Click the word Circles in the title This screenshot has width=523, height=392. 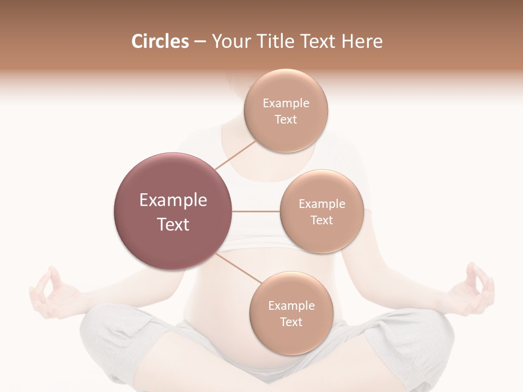160,41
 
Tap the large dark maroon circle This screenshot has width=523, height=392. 173,211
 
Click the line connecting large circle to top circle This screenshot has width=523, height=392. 235,155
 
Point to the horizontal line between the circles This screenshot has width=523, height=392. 256,211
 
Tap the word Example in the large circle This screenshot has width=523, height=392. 173,200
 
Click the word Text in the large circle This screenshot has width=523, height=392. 173,224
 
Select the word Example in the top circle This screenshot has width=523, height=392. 286,103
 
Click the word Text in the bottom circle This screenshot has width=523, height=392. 291,322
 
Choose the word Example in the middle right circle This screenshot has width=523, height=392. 322,204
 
